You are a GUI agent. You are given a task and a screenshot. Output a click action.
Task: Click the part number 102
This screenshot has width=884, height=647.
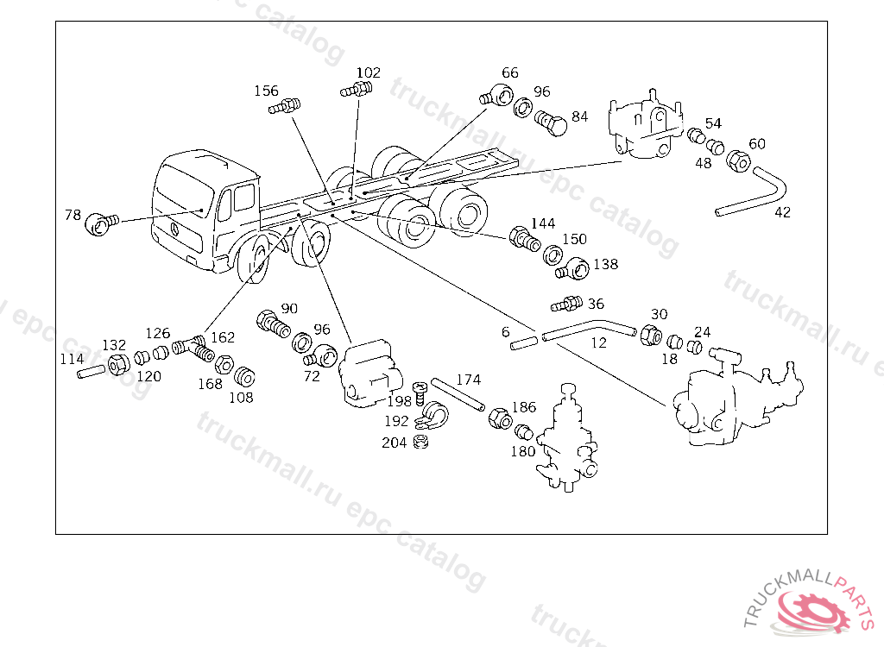pyautogui.click(x=368, y=73)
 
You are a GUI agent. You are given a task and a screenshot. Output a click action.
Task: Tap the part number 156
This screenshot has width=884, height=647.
pyautogui.click(x=266, y=91)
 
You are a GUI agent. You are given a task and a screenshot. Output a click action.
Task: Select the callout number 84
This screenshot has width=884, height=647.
pyautogui.click(x=579, y=116)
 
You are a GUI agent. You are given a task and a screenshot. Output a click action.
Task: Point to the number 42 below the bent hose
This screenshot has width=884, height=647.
pyautogui.click(x=782, y=212)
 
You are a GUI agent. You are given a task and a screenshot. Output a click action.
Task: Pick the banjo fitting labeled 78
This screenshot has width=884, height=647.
pyautogui.click(x=99, y=224)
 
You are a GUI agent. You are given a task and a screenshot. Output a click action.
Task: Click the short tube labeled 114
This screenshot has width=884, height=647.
pyautogui.click(x=91, y=374)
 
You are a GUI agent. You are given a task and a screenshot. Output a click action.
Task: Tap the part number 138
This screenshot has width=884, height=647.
pyautogui.click(x=605, y=265)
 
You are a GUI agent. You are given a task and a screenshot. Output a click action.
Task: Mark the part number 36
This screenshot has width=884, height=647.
pyautogui.click(x=596, y=304)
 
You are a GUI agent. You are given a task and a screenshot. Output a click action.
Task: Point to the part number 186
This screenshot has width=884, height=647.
pyautogui.click(x=524, y=407)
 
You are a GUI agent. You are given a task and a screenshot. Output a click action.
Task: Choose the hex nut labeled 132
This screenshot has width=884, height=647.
pyautogui.click(x=120, y=365)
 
